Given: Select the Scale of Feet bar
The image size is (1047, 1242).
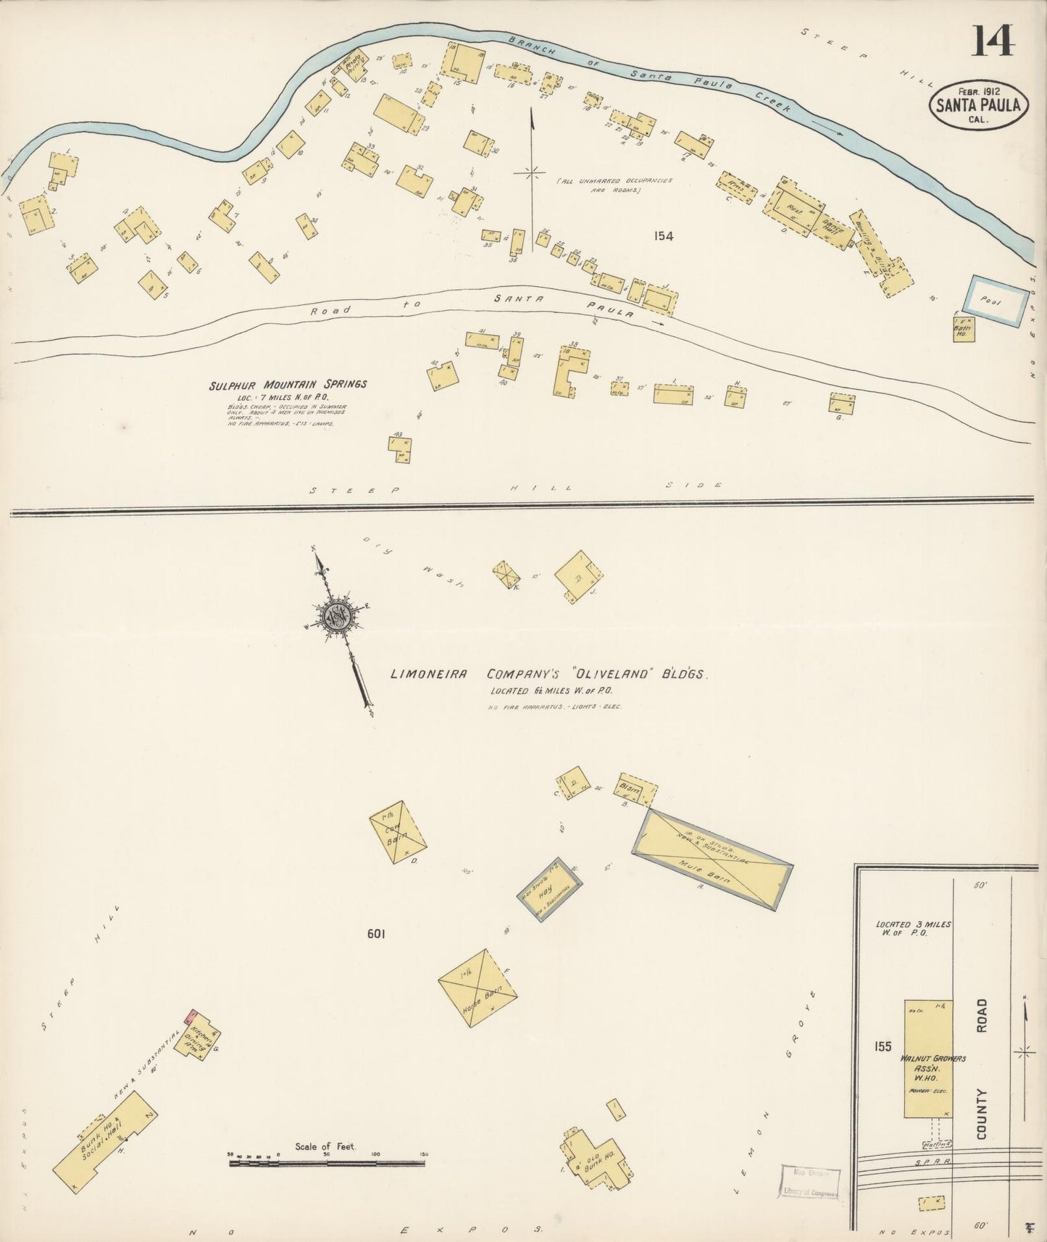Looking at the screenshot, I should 326,1163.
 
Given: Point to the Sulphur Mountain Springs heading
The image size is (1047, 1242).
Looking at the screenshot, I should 288,385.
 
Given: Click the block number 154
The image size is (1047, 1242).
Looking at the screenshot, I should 662,236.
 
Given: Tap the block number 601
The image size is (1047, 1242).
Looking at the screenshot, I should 375,934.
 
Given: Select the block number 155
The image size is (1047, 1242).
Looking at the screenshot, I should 883,1046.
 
